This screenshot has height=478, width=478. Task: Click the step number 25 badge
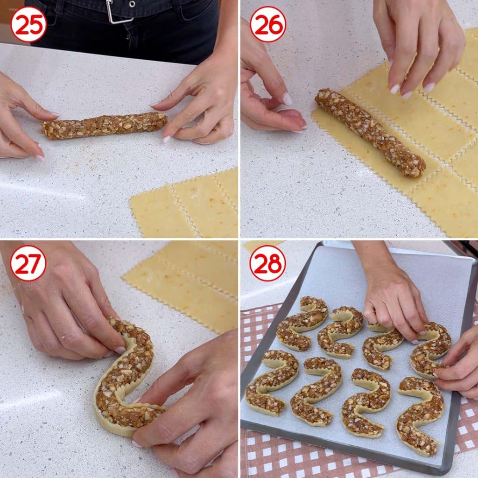pyautogui.click(x=28, y=25)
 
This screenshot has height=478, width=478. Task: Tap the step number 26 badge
pyautogui.click(x=267, y=25)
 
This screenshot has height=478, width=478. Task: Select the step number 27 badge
pyautogui.click(x=28, y=263)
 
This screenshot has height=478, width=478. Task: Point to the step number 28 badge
pyautogui.click(x=267, y=263)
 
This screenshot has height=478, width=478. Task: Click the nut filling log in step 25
pyautogui.click(x=105, y=125)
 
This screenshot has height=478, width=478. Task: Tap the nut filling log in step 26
pyautogui.click(x=370, y=133)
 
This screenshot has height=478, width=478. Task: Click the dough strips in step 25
pyautogui.click(x=184, y=204)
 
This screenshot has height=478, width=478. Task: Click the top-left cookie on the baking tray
pyautogui.click(x=302, y=323)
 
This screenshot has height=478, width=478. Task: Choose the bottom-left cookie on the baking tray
pyautogui.click(x=271, y=383)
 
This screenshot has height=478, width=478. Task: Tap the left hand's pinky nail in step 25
pyautogui.click(x=40, y=158)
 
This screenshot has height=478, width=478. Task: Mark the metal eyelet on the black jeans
pyautogui.click(x=132, y=4)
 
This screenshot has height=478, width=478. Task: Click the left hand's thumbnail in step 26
pyautogui.click(x=287, y=99)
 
